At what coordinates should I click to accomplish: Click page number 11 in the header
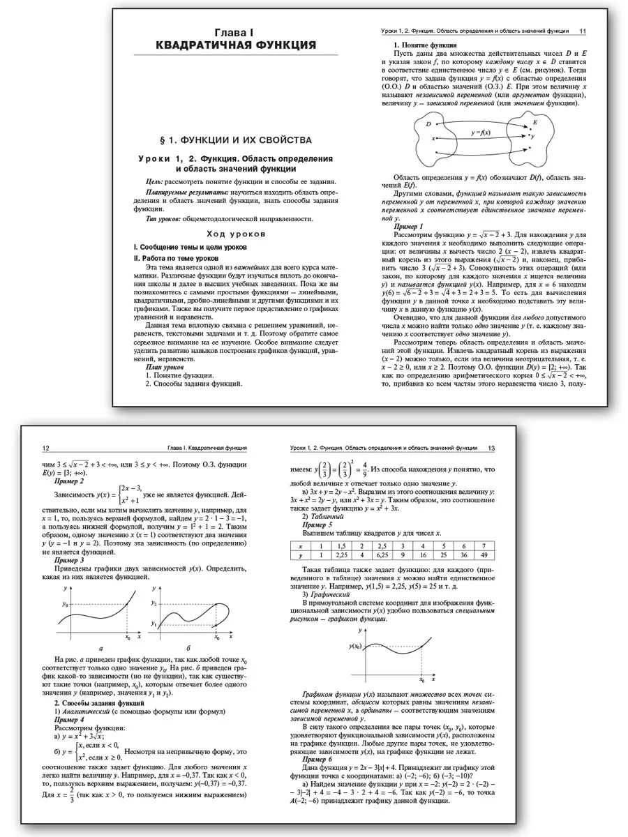tap(583, 31)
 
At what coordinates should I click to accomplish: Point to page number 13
tap(491, 448)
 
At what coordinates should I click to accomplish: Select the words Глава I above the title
tap(235, 31)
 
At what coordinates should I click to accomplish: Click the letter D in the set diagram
tap(428, 123)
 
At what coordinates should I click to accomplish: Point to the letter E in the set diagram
tap(534, 122)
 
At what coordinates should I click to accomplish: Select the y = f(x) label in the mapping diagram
tap(480, 132)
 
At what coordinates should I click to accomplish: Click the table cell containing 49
tap(481, 555)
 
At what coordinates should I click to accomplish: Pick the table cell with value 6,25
tap(382, 555)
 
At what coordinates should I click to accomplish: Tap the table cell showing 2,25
tap(342, 555)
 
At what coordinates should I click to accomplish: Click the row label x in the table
tap(300, 546)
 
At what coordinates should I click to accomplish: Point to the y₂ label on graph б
tap(155, 603)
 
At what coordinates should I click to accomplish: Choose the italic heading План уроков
tap(165, 366)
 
